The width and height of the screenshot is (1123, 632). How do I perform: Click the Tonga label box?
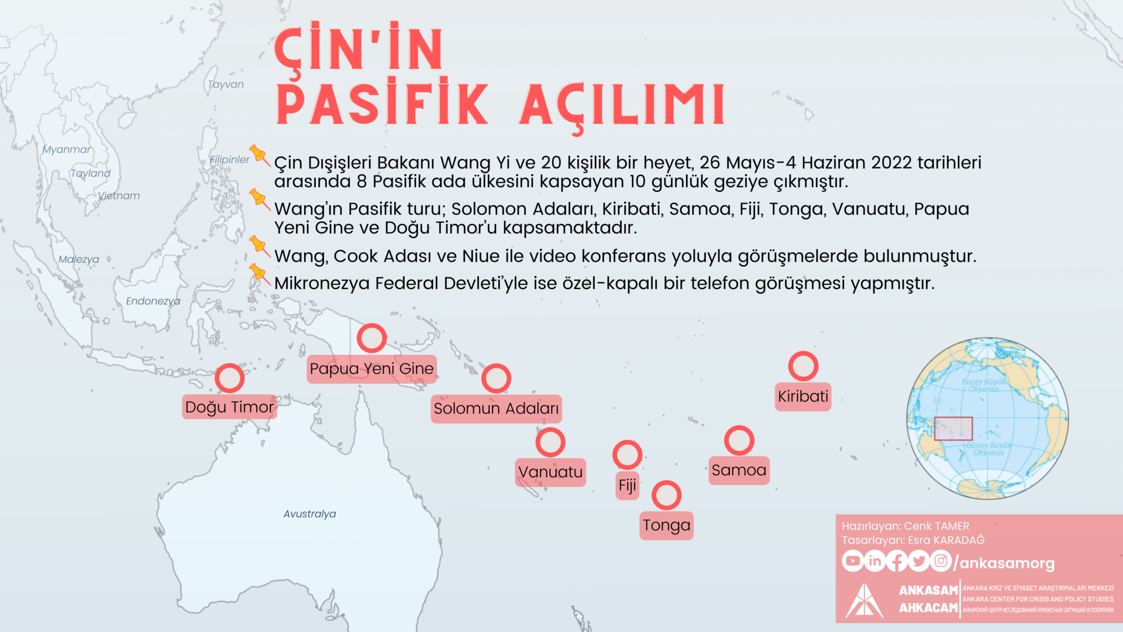tap(666, 525)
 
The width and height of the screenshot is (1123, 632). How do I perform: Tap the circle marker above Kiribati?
tap(803, 366)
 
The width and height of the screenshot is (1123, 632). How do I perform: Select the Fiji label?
tap(627, 486)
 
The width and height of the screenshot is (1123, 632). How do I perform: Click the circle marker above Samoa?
tap(739, 441)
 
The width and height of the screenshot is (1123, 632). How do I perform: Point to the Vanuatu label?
tap(550, 472)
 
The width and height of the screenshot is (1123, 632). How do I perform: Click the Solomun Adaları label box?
tap(496, 408)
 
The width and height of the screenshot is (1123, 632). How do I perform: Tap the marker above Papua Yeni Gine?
tap(371, 338)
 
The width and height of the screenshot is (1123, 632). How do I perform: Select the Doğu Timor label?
tap(229, 407)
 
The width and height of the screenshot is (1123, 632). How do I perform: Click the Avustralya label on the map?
tap(309, 514)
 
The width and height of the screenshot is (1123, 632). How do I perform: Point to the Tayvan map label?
tap(225, 84)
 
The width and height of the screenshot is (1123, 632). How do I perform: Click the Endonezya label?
tap(153, 301)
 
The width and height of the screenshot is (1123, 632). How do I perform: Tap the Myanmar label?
tap(66, 149)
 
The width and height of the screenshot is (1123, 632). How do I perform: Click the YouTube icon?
tap(852, 561)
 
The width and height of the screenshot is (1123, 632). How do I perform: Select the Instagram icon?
tap(941, 561)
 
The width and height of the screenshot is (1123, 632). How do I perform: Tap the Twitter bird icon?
tap(919, 561)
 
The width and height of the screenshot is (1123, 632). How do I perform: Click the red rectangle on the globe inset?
tap(953, 428)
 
